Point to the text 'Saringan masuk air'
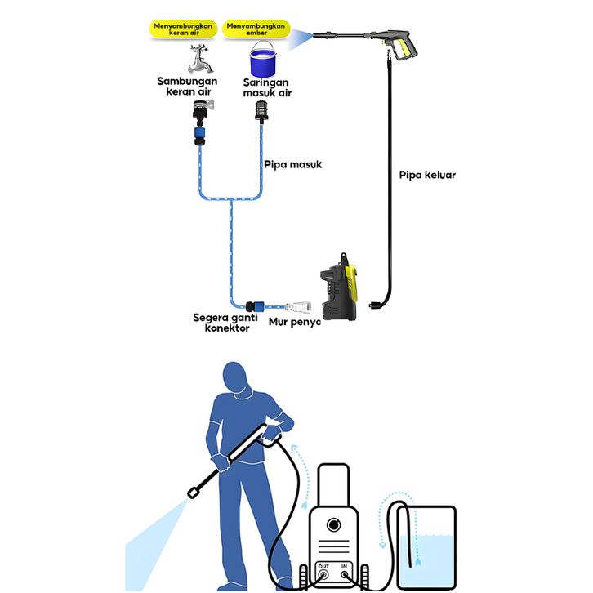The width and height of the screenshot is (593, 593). pyautogui.click(x=267, y=87)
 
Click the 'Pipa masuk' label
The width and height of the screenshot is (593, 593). pyautogui.click(x=292, y=165)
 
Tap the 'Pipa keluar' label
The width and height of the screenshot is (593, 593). pyautogui.click(x=427, y=175)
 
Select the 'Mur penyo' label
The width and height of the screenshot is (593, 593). pyautogui.click(x=294, y=322)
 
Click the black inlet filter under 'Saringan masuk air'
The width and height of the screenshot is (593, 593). pyautogui.click(x=263, y=109)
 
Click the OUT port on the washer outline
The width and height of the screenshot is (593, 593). pyautogui.click(x=323, y=573)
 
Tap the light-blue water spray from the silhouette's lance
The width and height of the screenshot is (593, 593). pyautogui.click(x=155, y=539)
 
